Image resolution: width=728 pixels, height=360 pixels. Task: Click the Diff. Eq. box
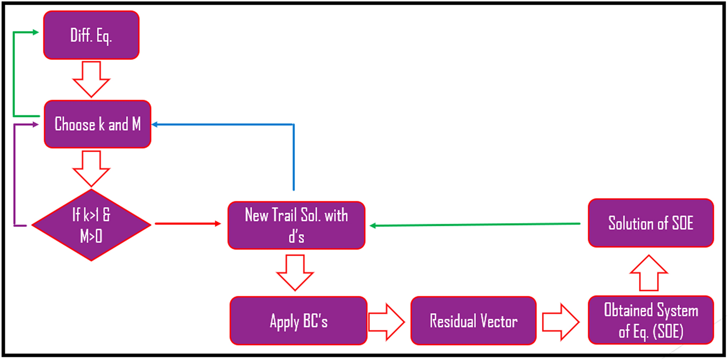coord(91,35)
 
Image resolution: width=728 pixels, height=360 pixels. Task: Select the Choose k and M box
coord(97,124)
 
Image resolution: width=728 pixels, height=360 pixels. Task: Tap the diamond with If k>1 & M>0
coord(91,225)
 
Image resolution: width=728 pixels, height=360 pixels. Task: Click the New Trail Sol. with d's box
coord(296,225)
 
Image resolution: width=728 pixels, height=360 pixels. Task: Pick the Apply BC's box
coord(298,321)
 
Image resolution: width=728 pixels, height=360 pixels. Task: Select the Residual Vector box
coord(473,321)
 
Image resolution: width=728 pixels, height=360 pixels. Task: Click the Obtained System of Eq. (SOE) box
coord(651,320)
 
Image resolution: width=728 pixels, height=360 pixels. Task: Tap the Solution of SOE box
coord(651,223)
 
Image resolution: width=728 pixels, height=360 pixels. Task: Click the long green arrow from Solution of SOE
coord(475,225)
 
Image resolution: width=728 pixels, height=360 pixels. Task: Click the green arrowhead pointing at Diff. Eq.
coord(36,32)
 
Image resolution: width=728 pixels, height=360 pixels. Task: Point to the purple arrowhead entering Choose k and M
coord(36,124)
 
